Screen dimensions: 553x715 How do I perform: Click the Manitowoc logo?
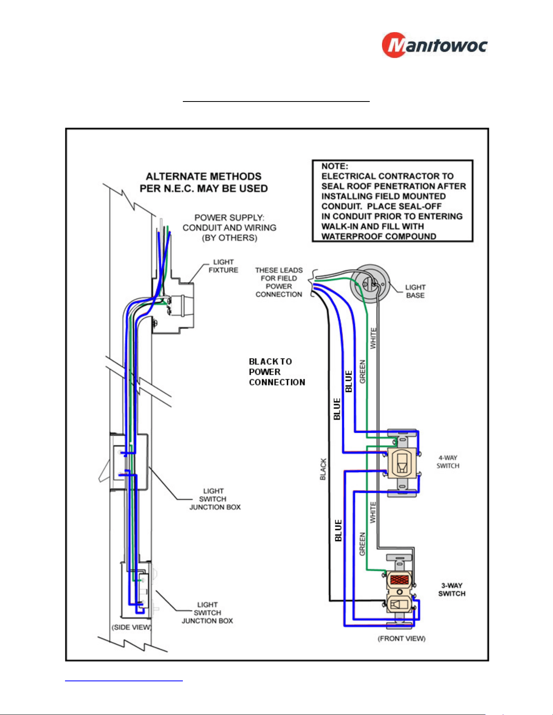(x=434, y=45)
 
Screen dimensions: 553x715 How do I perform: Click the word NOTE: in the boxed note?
(x=335, y=166)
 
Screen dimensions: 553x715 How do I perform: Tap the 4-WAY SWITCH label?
(x=448, y=462)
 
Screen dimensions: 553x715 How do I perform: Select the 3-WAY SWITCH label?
(x=452, y=590)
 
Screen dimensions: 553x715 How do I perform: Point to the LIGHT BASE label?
(x=415, y=291)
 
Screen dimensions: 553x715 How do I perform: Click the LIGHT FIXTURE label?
(x=223, y=266)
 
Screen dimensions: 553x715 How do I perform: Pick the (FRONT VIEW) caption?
(x=401, y=639)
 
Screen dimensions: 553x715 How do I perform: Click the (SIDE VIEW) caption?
(x=131, y=627)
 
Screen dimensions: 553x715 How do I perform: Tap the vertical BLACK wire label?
(x=323, y=469)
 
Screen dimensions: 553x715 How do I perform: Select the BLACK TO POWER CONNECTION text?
(x=277, y=372)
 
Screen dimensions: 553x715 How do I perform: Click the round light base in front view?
(x=370, y=283)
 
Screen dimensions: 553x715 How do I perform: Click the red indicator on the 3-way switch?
(x=399, y=579)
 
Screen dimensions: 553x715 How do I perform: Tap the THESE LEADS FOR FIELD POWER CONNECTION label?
(x=279, y=282)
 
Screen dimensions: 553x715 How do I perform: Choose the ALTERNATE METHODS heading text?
(x=204, y=182)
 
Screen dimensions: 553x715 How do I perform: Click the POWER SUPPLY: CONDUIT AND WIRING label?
(x=230, y=228)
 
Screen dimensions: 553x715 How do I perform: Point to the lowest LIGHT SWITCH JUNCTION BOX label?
(x=208, y=613)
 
